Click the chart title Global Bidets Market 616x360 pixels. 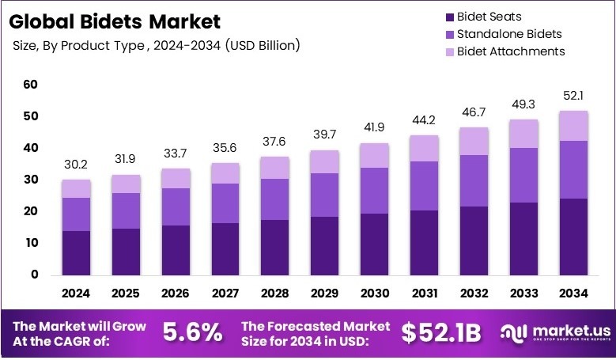(116, 21)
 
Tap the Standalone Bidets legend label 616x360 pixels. (509, 34)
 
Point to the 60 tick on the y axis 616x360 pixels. (31, 85)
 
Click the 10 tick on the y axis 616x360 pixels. (31, 243)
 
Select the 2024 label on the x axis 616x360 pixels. (77, 294)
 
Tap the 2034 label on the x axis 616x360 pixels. (573, 294)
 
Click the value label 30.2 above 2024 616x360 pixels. (77, 166)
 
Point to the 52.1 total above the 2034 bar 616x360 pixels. (573, 97)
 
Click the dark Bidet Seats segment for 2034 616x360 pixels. (573, 237)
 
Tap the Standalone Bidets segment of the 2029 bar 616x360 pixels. (324, 195)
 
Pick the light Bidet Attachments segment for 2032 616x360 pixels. (474, 141)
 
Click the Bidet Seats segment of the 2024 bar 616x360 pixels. (77, 252)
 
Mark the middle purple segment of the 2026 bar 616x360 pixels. (176, 207)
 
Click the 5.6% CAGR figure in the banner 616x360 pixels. (192, 333)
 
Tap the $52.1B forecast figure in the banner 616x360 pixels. (441, 333)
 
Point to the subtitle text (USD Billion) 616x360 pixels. (263, 46)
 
